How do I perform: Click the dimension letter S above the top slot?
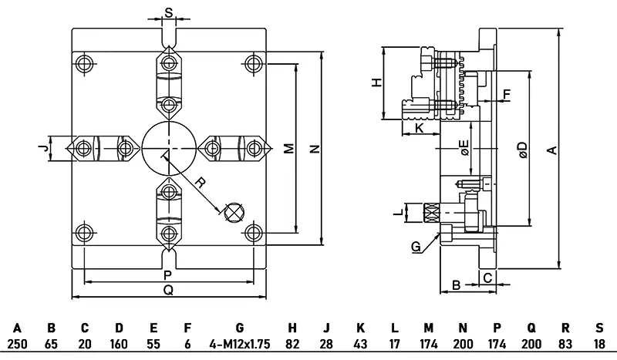tap(169, 13)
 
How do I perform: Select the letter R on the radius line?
tap(199, 183)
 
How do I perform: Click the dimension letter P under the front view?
tap(168, 274)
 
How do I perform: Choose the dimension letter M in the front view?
tap(288, 148)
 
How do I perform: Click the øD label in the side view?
tap(522, 149)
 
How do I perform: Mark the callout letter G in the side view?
tap(416, 247)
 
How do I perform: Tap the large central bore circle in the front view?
tap(169, 146)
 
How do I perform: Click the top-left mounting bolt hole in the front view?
tap(84, 62)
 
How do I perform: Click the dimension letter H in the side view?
tap(377, 82)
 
